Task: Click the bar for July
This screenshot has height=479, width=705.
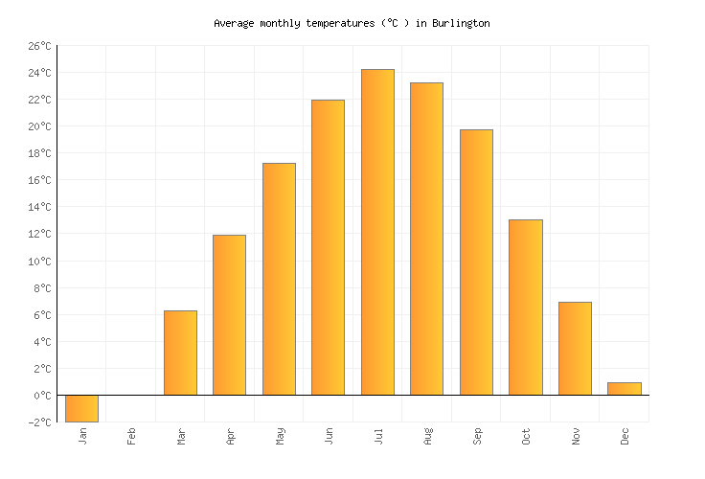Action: [377, 232]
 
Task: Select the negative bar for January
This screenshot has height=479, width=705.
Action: [81, 408]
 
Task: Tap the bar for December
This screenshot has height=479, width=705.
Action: [624, 389]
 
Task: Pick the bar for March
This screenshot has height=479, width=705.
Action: [180, 353]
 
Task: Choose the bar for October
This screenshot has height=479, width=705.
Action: [525, 308]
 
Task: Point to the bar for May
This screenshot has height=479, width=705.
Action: [279, 279]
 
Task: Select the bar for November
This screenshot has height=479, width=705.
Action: [575, 349]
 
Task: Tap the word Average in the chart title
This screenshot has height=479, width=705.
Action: [234, 23]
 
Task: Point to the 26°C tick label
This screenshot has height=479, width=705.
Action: [39, 46]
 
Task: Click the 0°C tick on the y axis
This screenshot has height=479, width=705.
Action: [42, 396]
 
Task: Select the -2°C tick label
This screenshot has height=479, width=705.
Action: [39, 422]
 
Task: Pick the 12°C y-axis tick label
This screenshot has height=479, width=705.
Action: [39, 235]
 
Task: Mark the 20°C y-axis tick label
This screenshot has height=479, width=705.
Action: [39, 126]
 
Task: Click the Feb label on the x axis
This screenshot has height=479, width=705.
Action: [132, 437]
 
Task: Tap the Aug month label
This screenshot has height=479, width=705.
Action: [428, 437]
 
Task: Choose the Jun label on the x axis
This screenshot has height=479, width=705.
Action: [330, 437]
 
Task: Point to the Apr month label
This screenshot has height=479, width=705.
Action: [231, 437]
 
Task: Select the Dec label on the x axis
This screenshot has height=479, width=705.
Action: [625, 437]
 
